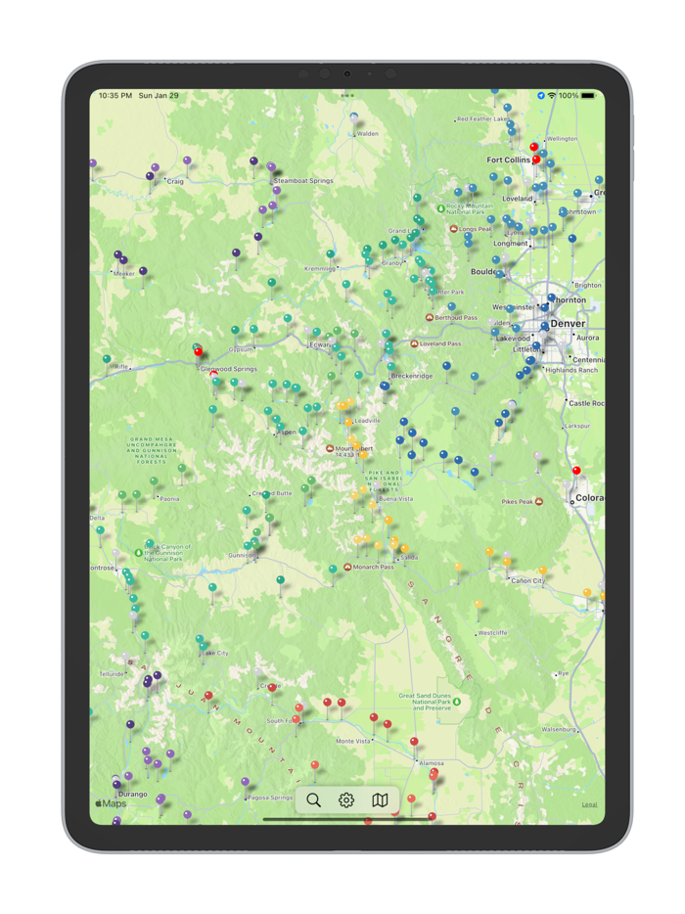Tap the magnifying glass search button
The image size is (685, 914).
[x=313, y=800]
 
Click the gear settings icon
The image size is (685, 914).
[x=346, y=800]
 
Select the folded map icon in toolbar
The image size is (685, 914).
[x=380, y=800]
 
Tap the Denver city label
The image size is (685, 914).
[x=568, y=323]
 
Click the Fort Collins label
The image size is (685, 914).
[x=509, y=160]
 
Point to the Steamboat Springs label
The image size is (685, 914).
[x=303, y=181]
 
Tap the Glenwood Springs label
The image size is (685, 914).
[x=229, y=369]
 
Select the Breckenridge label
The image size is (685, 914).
[x=411, y=376]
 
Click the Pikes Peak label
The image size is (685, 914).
[x=516, y=502]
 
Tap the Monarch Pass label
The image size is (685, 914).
[x=374, y=567]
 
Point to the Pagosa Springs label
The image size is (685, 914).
[x=268, y=798]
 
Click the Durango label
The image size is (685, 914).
[x=132, y=795]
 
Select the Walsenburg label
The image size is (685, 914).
[x=561, y=729]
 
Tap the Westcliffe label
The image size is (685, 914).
[x=492, y=633]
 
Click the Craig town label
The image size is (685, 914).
[x=175, y=181]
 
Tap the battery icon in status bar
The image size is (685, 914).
[x=590, y=96]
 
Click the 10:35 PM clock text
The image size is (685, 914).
[x=115, y=96]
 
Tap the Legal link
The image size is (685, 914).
[x=589, y=804]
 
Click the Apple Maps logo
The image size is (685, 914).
[x=111, y=803]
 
